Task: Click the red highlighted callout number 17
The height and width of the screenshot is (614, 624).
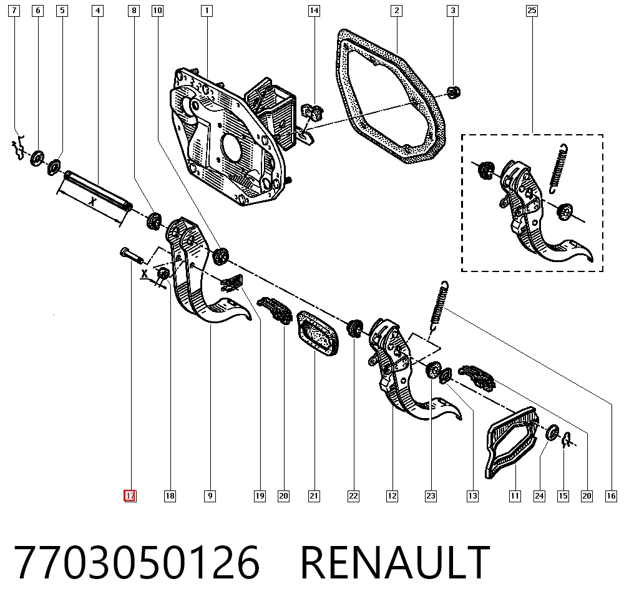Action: [130, 496]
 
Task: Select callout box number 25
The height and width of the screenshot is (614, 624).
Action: [532, 11]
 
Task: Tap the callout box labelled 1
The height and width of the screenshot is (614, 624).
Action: [207, 11]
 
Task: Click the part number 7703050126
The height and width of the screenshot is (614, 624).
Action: [137, 563]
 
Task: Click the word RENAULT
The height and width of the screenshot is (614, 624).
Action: [395, 563]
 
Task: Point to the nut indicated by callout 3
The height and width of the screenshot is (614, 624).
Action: [453, 92]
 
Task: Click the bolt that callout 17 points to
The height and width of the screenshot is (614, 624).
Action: [131, 255]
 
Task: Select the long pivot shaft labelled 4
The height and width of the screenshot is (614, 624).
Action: [98, 190]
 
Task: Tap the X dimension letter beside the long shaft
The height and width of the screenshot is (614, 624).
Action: [92, 202]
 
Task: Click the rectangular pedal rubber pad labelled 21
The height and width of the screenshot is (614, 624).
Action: [318, 333]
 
